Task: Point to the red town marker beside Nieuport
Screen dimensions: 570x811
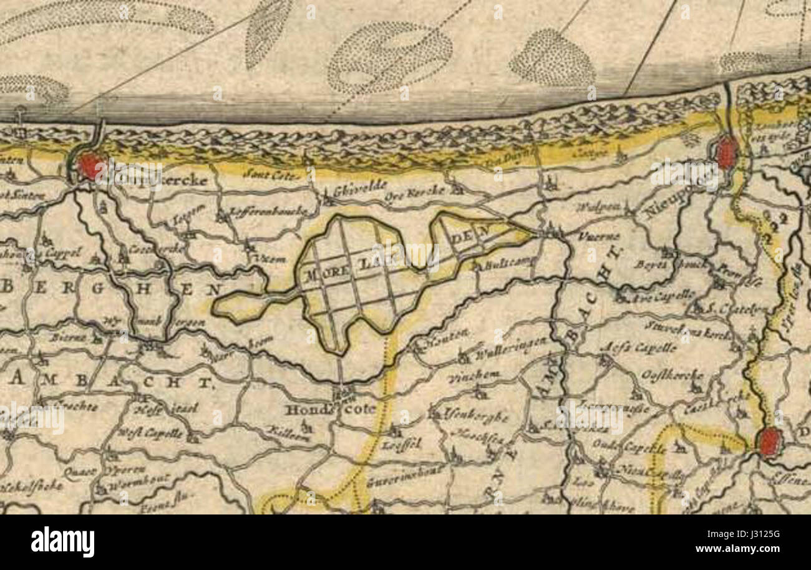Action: pos(726,153)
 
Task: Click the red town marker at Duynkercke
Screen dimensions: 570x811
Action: pos(90,167)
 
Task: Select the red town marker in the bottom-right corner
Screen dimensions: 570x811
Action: pos(769,442)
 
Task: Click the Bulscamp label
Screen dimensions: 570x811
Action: pos(509,263)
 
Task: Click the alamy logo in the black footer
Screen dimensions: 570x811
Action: pos(62,542)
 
